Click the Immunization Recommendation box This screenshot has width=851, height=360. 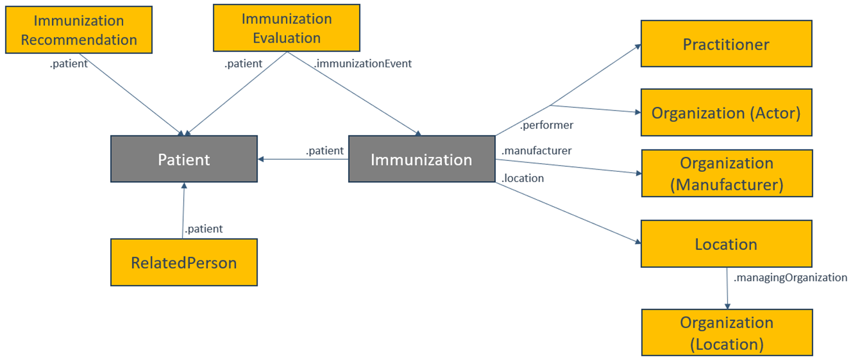tap(78, 30)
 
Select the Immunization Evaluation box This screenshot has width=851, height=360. tap(286, 28)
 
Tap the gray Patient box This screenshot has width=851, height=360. tap(184, 159)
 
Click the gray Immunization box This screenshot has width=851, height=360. tap(421, 159)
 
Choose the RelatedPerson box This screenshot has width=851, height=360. tap(184, 262)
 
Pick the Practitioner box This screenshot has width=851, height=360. tap(726, 44)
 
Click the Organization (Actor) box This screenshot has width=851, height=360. tap(726, 113)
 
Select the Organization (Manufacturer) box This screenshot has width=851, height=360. tap(726, 173)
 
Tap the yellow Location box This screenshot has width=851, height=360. tap(726, 244)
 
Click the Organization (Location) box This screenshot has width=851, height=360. tap(726, 333)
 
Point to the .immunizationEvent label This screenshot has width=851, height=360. tap(362, 64)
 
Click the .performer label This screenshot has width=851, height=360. tap(546, 126)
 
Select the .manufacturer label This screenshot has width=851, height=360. tap(536, 149)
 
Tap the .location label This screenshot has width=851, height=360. tap(523, 178)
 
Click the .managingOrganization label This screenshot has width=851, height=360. tap(790, 278)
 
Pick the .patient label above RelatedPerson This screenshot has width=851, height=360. tap(203, 229)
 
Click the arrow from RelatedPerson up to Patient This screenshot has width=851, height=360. tap(183, 213)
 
